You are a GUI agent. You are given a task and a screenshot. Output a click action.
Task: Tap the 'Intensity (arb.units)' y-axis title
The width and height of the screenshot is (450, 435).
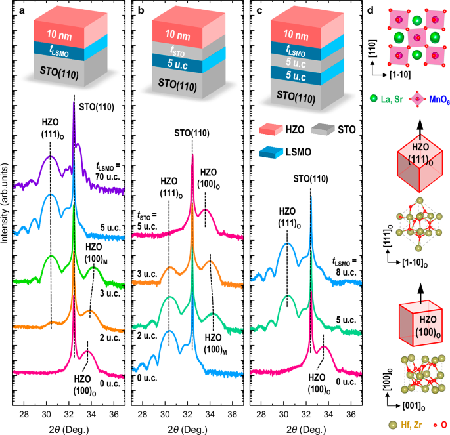pyautogui.click(x=6, y=217)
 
